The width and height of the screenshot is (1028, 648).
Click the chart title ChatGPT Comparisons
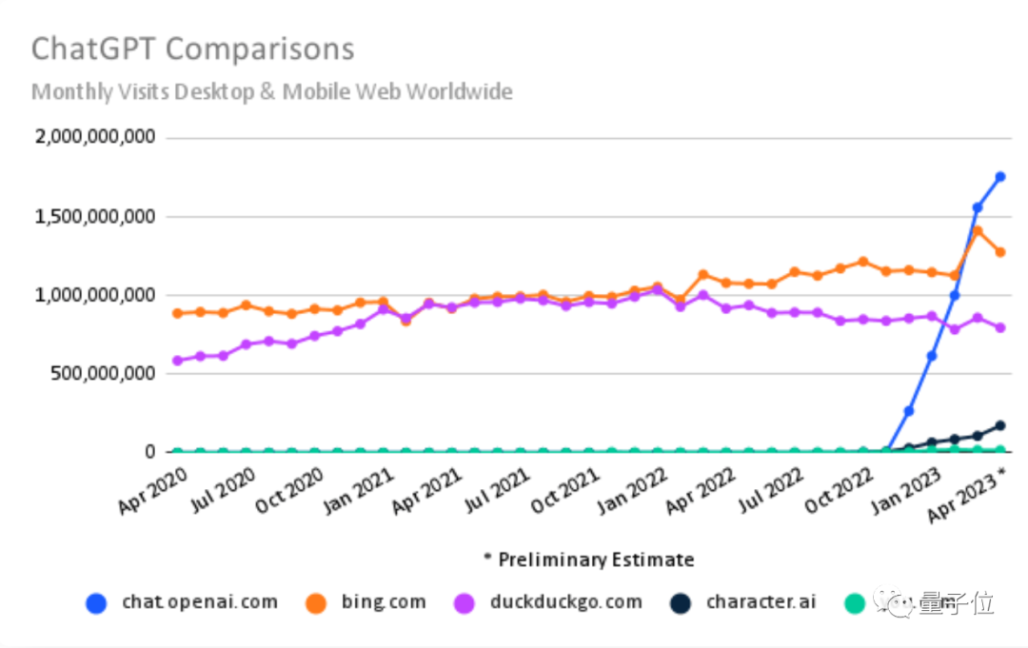click(x=192, y=49)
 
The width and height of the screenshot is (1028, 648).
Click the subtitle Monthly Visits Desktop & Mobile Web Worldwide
click(x=272, y=91)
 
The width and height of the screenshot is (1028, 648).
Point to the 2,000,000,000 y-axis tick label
click(x=94, y=137)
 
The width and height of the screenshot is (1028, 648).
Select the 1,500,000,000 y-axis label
click(x=94, y=216)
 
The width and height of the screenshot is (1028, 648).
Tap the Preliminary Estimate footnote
click(x=588, y=559)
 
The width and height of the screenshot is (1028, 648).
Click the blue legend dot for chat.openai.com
click(x=97, y=602)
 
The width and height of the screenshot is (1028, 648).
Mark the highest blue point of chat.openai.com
click(x=1000, y=176)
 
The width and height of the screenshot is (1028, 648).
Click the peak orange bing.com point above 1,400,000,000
click(x=978, y=230)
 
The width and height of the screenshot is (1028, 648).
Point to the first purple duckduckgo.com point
click(x=177, y=361)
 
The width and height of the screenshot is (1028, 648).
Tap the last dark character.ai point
click(x=1000, y=425)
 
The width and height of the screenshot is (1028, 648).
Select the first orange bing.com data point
click(x=177, y=313)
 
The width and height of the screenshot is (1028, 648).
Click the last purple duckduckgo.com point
click(x=1000, y=327)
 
